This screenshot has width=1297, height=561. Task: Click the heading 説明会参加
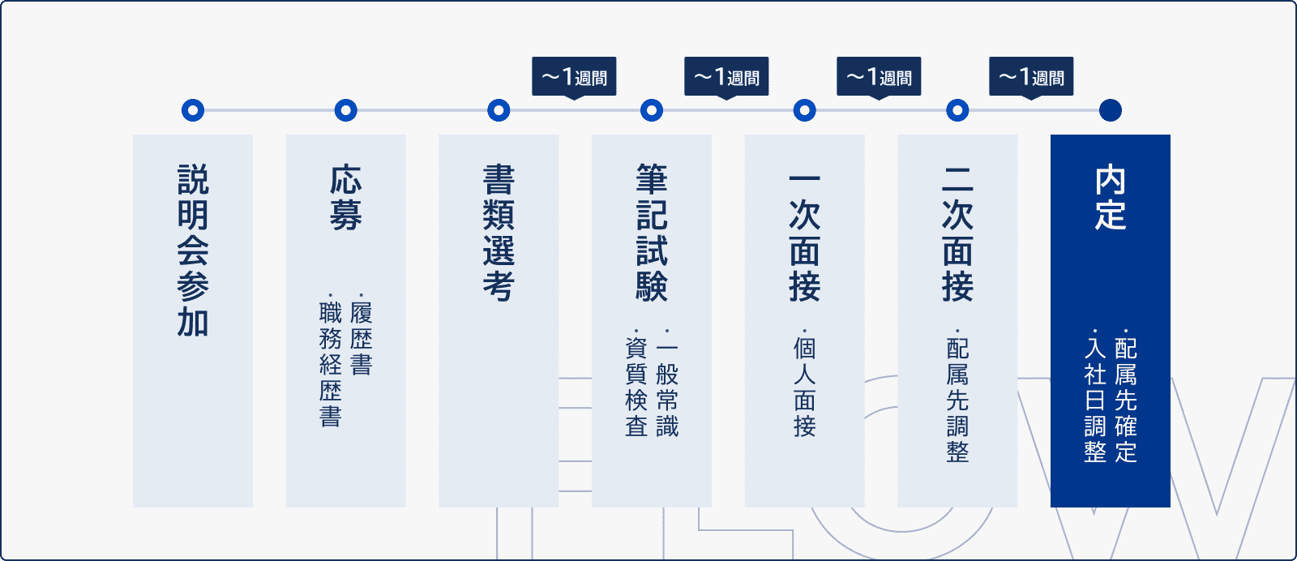point(193,251)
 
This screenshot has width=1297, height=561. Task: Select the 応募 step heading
point(346,198)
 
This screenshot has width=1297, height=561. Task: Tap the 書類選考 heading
point(499,233)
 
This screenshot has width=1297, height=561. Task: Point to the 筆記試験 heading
point(652,233)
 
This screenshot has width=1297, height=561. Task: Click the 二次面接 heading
point(957,233)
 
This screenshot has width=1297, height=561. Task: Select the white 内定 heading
point(1111,198)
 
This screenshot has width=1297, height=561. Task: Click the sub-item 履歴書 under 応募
point(362,339)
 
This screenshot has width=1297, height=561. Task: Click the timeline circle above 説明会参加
point(193,110)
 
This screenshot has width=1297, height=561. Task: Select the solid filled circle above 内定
point(1111,110)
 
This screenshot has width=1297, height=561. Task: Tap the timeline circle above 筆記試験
point(652,110)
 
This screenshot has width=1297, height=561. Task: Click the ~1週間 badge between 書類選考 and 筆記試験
point(574,77)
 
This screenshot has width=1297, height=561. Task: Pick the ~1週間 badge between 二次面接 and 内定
point(1031,77)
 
